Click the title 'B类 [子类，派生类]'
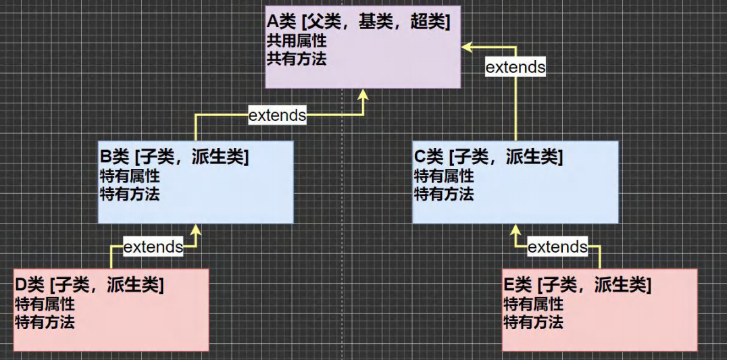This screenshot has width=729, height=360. click(x=174, y=158)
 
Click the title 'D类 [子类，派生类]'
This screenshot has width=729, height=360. click(x=89, y=286)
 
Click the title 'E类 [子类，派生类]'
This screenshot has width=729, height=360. click(x=578, y=286)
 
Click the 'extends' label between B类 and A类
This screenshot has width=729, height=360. click(x=277, y=115)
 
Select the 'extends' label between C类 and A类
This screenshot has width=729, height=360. click(x=516, y=67)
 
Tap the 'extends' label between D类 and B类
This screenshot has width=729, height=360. click(x=153, y=247)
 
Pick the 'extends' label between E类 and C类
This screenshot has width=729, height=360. click(x=557, y=247)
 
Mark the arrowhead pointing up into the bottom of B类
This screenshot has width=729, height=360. click(x=196, y=230)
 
